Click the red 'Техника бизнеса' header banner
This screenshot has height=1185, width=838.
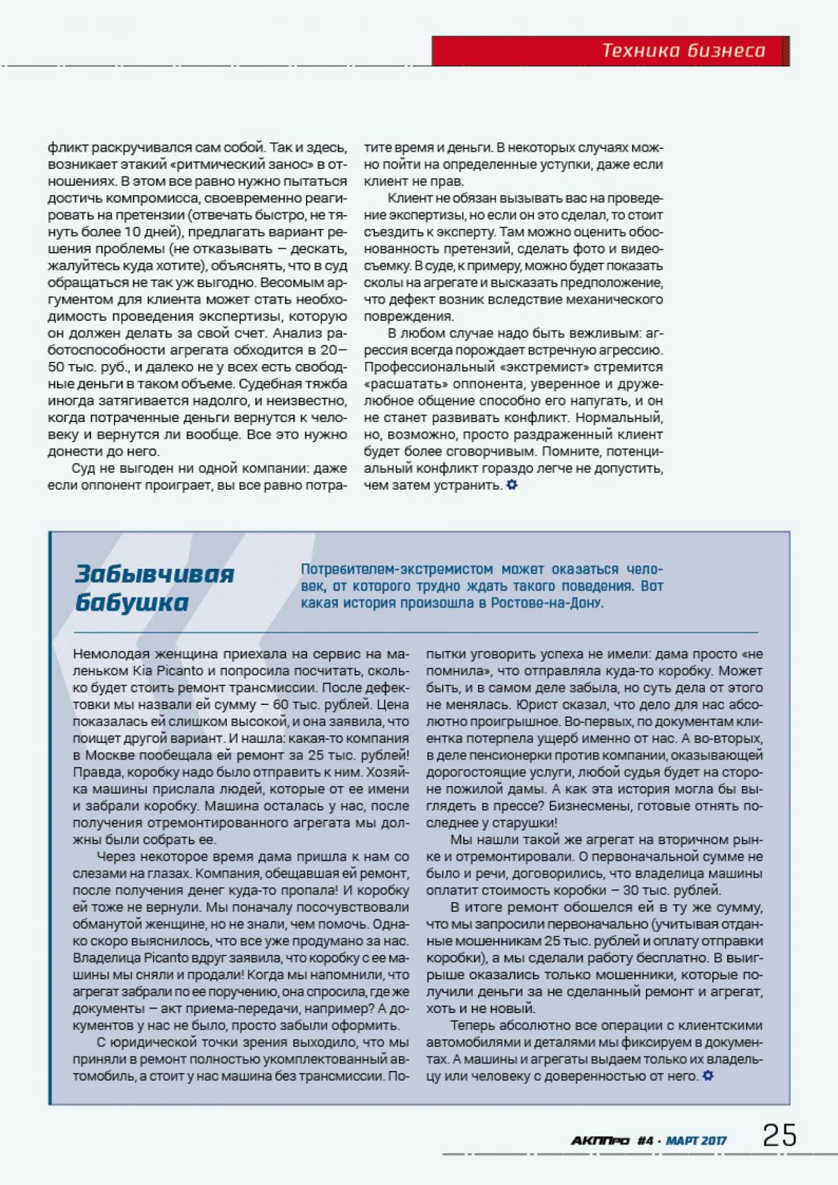coord(610,50)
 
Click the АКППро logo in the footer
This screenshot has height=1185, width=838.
coord(600,1140)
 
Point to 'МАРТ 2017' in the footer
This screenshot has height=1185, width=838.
coord(696,1140)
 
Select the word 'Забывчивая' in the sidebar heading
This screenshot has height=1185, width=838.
coord(154,574)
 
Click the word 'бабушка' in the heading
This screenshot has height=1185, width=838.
coord(132,602)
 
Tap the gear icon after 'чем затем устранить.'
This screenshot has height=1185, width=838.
coord(512,485)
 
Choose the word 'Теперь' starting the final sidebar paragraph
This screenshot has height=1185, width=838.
coord(473,1026)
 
